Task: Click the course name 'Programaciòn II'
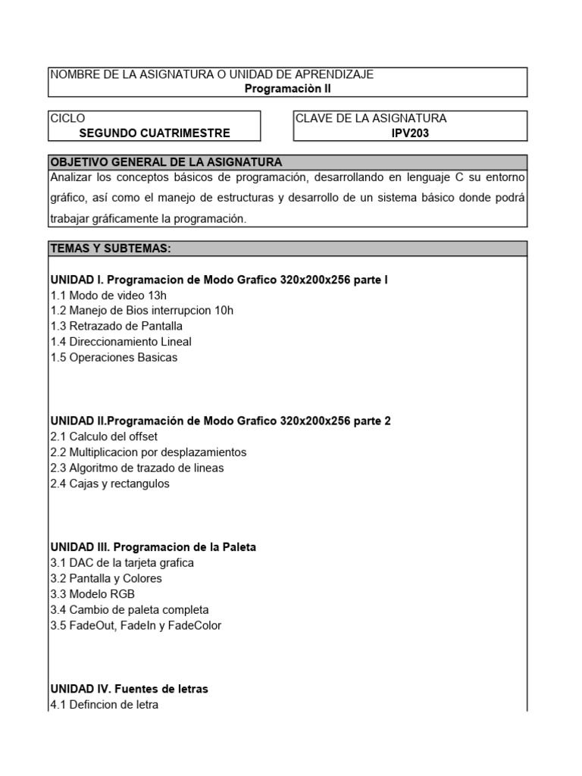click(x=287, y=88)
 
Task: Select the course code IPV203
click(x=410, y=133)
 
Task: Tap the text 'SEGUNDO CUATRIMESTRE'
click(x=155, y=133)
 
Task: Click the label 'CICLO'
click(x=67, y=118)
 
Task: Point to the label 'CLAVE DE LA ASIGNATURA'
click(x=371, y=118)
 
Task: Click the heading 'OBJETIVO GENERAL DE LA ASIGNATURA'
click(x=166, y=162)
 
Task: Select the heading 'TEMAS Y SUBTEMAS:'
click(x=111, y=249)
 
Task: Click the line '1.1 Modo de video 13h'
click(x=108, y=296)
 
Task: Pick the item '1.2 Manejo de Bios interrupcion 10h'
click(x=142, y=311)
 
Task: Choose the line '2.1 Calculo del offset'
click(x=104, y=436)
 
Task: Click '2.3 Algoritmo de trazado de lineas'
click(x=137, y=468)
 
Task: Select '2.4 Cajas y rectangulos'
click(x=110, y=483)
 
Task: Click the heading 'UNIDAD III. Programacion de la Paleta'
click(x=153, y=547)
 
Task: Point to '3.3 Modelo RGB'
click(x=92, y=594)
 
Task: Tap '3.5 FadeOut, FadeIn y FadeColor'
click(x=136, y=625)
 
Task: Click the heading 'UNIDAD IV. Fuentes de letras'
click(x=129, y=689)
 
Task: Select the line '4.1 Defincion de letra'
click(x=105, y=705)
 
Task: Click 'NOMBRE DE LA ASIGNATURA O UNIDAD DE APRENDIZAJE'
click(x=211, y=74)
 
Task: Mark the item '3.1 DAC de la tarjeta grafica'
click(x=122, y=562)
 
